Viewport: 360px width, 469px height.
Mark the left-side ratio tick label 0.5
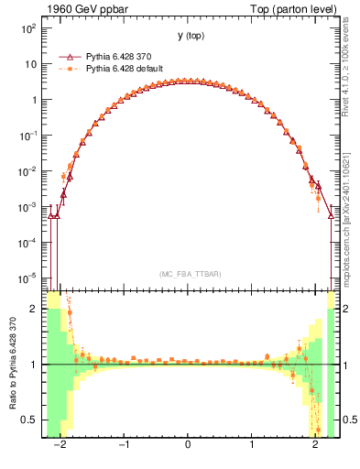click(29, 420)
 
